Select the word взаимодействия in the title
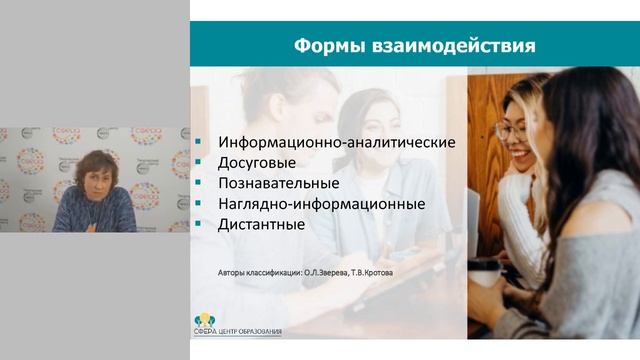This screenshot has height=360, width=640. pos(451,46)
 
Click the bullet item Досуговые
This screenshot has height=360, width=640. pos(257,162)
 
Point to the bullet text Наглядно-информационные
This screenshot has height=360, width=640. pos(321,203)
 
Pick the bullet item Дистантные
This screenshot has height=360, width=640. pos(261,224)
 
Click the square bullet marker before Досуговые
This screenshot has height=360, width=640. pos(203,163)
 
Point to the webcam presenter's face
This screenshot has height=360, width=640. pos(93,172)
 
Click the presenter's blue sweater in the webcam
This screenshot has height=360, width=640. pos(95,212)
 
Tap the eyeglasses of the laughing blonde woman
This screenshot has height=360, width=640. pos(512,129)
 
